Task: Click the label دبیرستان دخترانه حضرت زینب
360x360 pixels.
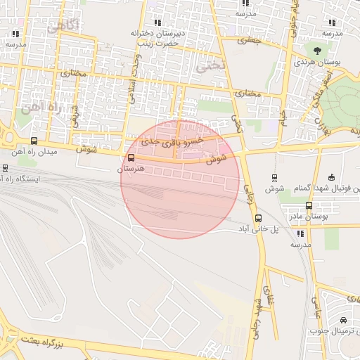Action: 157,38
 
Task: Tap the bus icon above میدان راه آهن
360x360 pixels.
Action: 34,141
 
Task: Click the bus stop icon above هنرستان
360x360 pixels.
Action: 131,157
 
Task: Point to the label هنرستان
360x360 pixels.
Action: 131,169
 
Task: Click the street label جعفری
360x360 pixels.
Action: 247,41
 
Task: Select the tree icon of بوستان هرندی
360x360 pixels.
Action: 317,51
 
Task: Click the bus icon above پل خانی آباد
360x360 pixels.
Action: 258,218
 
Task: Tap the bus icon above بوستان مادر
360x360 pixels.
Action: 309,205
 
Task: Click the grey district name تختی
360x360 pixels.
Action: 211,66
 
